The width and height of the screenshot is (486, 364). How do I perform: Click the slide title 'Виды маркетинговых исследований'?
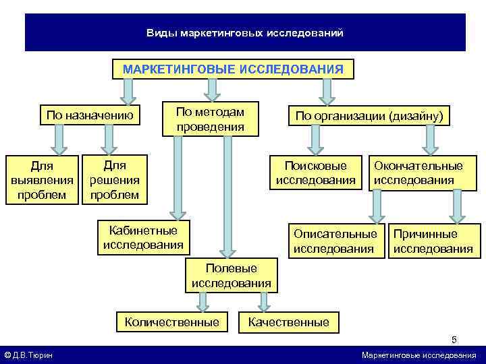pos(245,33)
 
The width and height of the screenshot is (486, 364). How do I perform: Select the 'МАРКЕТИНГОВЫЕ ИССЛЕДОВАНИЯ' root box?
pos(233,69)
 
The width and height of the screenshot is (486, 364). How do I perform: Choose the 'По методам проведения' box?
pos(210,119)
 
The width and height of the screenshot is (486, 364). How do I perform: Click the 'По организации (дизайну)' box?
pos(369,116)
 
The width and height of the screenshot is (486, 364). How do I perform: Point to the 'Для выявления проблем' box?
pos(43,180)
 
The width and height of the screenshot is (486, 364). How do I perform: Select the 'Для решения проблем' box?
pos(114,180)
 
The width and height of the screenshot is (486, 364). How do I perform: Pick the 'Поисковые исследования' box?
pos(315,173)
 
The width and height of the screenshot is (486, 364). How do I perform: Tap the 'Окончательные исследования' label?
pos(418,173)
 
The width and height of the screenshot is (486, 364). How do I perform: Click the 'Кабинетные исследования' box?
pos(143,237)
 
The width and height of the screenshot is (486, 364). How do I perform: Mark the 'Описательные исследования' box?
pos(335,241)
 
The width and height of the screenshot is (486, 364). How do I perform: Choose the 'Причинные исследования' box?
pos(433,241)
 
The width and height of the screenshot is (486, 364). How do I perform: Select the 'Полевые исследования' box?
pos(232,276)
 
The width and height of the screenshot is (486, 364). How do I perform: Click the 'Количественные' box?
pos(171,322)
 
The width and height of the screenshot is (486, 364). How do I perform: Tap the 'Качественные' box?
pos(289,322)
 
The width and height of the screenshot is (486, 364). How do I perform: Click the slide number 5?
pos(454,340)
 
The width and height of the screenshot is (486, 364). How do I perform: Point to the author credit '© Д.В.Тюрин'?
pos(29,355)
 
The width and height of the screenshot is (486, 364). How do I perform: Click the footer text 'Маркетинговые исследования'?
pos(418,355)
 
